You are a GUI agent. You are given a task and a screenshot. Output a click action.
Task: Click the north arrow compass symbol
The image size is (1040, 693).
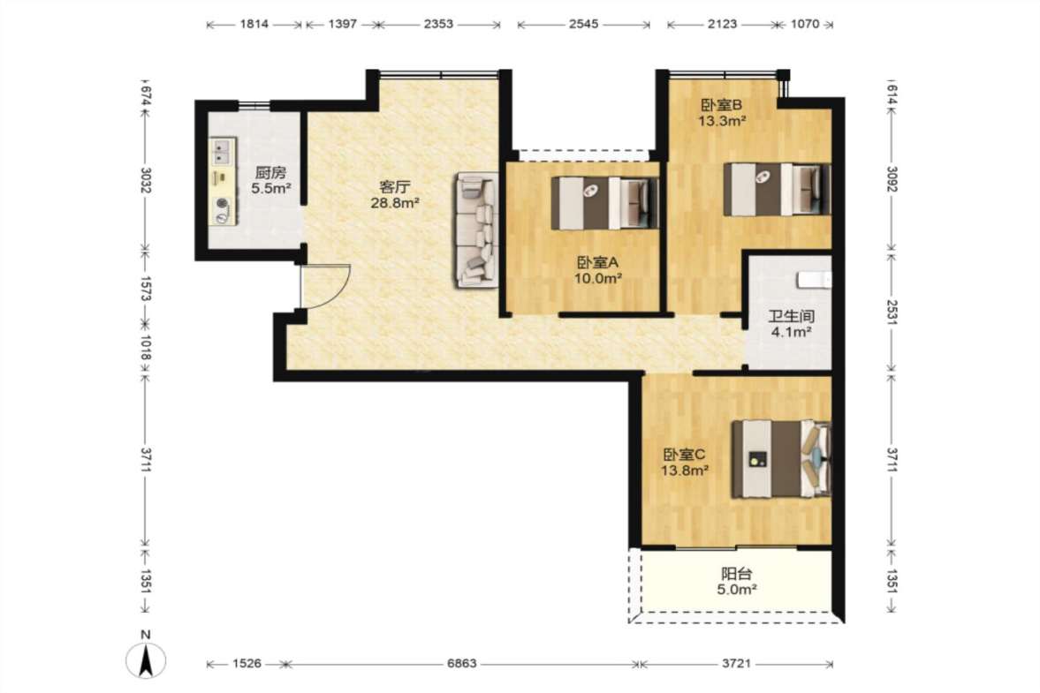tap(146, 659)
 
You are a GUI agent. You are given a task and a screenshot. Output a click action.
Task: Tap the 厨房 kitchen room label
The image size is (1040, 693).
tap(270, 173)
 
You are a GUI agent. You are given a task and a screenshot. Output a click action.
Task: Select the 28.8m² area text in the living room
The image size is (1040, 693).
tap(395, 203)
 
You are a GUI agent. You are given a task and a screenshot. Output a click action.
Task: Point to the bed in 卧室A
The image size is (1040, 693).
tap(605, 203)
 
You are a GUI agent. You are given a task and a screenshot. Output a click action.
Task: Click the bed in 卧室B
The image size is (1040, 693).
tap(777, 190)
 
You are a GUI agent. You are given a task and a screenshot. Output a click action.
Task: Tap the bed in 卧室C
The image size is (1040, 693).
tap(781, 458)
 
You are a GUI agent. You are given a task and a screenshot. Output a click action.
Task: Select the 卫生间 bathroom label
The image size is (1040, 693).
tap(791, 317)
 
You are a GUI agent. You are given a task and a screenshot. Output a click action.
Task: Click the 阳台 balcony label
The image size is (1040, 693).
tap(736, 574)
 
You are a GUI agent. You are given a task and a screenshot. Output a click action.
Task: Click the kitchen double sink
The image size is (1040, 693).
tap(222, 150)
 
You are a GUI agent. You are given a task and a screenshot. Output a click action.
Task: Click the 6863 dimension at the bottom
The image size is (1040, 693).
tap(461, 663)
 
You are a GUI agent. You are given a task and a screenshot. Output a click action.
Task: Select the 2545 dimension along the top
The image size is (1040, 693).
tap(584, 24)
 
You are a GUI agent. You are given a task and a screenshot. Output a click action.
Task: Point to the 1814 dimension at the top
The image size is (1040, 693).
tap(254, 24)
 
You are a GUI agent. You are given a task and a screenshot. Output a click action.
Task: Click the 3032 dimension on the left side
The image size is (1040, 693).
tap(146, 179)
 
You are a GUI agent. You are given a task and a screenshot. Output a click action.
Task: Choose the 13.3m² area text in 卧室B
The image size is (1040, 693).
tap(722, 121)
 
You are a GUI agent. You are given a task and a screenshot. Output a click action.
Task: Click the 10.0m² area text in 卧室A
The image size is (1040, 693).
tap(597, 278)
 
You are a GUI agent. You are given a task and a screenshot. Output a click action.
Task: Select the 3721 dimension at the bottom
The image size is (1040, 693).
tap(736, 663)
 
